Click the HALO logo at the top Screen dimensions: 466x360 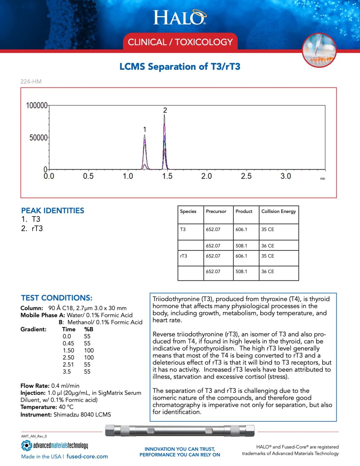pos(180,18)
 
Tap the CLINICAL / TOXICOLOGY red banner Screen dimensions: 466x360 pos(180,42)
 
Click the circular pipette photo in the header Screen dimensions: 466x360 pos(319,50)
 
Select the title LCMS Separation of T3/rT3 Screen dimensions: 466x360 pos(180,66)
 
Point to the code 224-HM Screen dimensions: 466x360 pos(31,81)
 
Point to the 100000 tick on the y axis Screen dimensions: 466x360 pos(37,106)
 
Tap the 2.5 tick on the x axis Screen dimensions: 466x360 pos(246,176)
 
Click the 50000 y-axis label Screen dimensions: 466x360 pos(38,137)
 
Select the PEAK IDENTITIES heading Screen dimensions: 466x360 pos(52,211)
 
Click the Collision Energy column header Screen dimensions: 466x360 pos(278,211)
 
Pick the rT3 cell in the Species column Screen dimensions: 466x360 pos(183,256)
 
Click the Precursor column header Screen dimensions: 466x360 pos(216,211)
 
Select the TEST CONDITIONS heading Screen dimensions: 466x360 pos(57,298)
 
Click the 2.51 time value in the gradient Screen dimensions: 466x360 pos(68,364)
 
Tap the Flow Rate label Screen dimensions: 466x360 pos(35,386)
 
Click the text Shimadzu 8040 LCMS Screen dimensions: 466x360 pos(82,414)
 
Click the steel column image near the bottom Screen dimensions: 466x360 pos(180,431)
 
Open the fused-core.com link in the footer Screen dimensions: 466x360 pos(87,456)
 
